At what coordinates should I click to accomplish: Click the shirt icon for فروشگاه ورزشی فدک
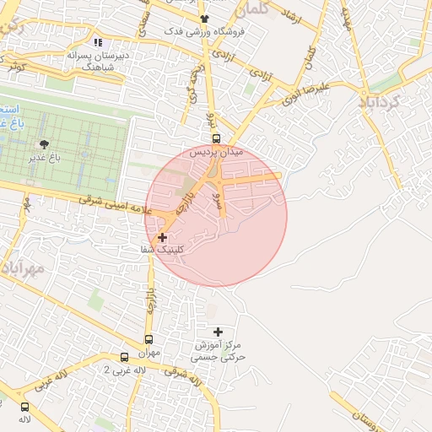pos(204,19)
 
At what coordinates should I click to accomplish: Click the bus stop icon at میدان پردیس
pos(216,139)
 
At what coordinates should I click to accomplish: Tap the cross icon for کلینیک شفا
pos(162,238)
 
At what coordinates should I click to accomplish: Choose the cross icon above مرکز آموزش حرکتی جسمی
pos(219,332)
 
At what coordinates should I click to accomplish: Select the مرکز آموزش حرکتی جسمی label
pos(219,352)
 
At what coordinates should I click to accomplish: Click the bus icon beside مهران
pos(125,357)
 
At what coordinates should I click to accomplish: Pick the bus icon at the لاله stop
pos(24,406)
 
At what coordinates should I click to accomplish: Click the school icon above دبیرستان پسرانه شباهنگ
pos(98,41)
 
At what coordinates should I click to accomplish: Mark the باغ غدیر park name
pos(44,158)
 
